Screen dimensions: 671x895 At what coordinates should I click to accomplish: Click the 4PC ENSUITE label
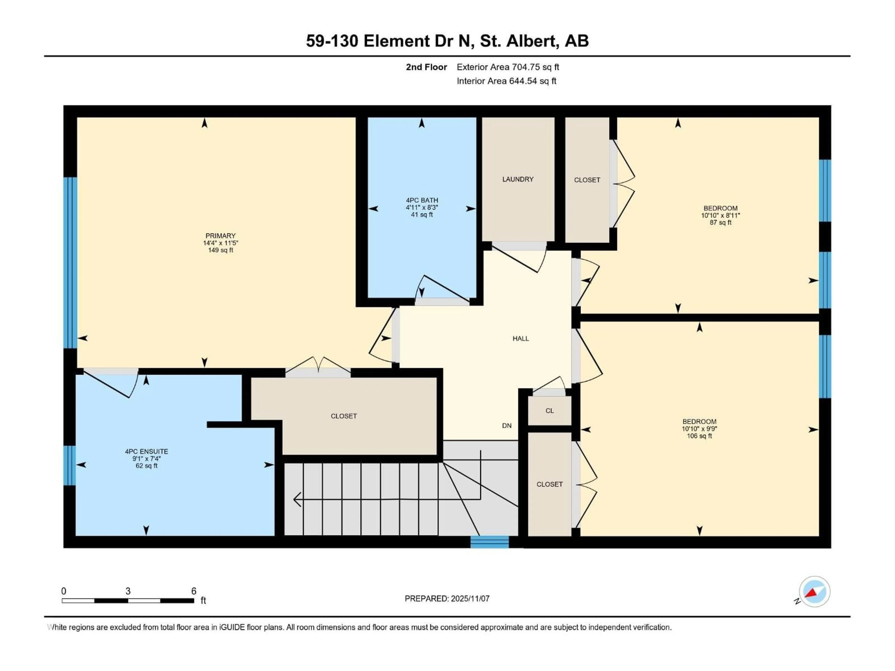tap(146, 458)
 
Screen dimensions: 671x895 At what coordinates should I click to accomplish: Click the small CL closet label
tap(549, 411)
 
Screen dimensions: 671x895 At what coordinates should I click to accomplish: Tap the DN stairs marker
tap(506, 425)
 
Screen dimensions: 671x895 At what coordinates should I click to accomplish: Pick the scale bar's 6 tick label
tap(194, 591)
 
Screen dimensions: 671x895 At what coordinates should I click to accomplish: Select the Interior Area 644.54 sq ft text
tap(506, 81)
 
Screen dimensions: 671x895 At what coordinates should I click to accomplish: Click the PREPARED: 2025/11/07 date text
tap(447, 599)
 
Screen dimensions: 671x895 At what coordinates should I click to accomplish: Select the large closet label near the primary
tap(344, 416)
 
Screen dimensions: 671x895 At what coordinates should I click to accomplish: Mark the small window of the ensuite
tap(70, 465)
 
